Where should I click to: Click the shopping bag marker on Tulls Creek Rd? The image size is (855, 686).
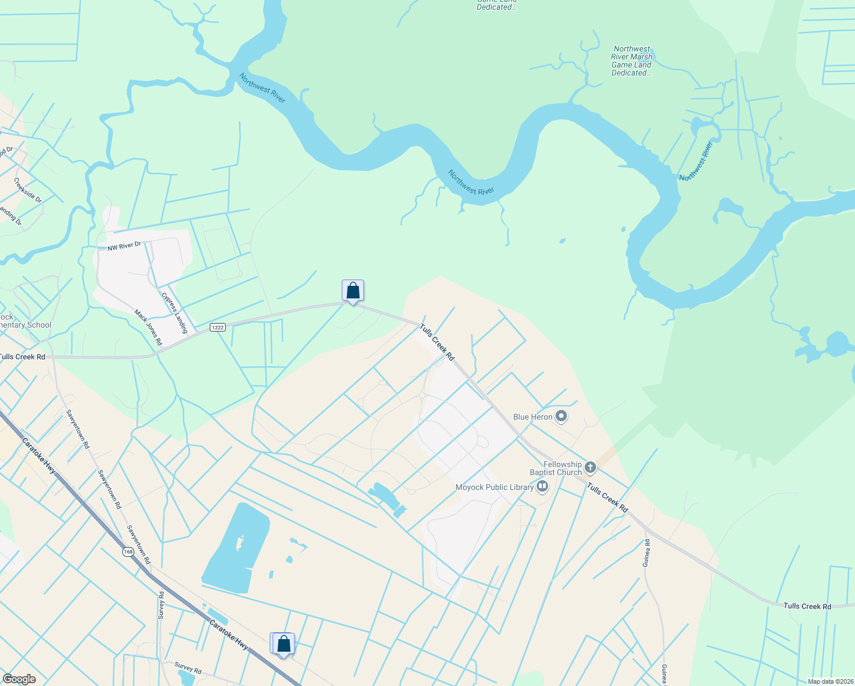point(353,291)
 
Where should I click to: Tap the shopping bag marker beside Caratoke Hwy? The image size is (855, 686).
point(283,644)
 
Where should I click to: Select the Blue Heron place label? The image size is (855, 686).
point(533,417)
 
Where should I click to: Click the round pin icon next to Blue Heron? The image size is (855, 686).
point(561,416)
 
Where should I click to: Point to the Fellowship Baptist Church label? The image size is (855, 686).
point(556,468)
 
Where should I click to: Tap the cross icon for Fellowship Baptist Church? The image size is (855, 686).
point(590,468)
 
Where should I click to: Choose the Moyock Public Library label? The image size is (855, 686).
point(494,487)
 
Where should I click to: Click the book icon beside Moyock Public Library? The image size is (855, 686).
point(542,487)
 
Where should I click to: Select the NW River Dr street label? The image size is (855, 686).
point(124,246)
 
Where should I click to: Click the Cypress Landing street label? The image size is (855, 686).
point(174,313)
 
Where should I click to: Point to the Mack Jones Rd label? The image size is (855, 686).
point(148,328)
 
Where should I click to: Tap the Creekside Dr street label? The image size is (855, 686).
point(28,191)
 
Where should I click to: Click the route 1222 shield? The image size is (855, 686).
point(217,327)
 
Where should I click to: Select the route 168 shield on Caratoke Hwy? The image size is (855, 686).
point(127,552)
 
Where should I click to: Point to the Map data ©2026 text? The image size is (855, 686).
point(830,681)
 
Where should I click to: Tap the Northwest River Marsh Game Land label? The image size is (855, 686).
point(632,61)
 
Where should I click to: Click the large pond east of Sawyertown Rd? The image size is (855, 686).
point(234,549)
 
